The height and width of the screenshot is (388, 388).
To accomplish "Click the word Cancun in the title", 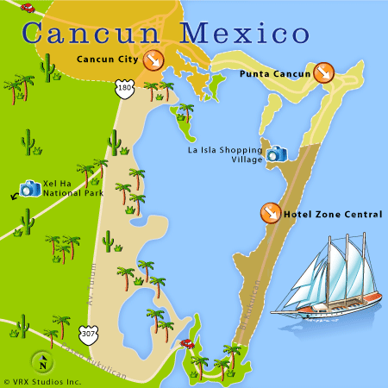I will point(91,34).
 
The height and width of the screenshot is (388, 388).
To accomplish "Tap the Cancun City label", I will point(107,60).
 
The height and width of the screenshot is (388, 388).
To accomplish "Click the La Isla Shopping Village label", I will point(225,154).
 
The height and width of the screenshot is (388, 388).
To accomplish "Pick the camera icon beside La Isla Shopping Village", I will point(276,154).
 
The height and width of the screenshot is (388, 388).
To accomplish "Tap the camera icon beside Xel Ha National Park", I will point(30,188).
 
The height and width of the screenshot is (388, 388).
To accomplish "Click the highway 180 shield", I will point(126,88).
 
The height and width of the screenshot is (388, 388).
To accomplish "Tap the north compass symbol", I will point(40,361).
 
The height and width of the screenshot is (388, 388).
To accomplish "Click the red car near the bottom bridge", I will point(185,342).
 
